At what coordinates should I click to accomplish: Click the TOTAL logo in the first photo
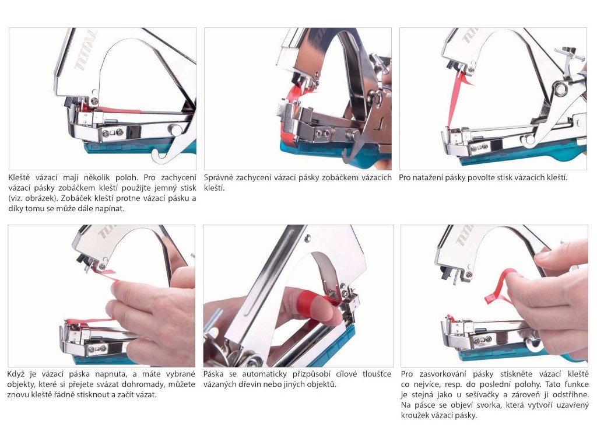(86, 50)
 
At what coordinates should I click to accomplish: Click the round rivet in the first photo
(176, 130)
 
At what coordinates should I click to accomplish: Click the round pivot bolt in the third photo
(560, 89)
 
